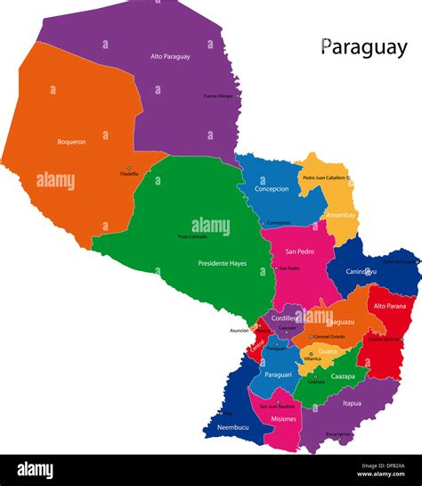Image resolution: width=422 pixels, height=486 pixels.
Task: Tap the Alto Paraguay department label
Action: (170, 56)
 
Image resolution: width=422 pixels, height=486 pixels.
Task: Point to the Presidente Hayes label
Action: (223, 263)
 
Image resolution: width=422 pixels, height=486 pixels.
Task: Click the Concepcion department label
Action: (271, 189)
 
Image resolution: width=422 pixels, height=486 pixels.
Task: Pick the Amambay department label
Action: (341, 215)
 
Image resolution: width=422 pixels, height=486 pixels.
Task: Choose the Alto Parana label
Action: (390, 306)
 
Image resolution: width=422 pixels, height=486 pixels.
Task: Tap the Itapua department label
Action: (352, 403)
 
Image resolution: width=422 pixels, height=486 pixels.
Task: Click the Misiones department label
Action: (283, 418)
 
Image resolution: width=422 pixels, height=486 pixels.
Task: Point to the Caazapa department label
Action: (343, 376)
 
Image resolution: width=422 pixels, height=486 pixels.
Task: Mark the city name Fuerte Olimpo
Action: (219, 95)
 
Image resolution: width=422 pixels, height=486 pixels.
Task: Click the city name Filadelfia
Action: (129, 174)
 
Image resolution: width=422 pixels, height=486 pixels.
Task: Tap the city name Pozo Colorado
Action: (191, 237)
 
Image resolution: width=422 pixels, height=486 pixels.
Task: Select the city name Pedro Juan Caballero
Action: (325, 177)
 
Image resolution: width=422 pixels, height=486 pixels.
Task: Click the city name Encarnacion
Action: (338, 434)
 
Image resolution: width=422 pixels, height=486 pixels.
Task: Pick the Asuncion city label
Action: (239, 330)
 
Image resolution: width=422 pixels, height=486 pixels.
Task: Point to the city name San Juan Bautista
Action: (276, 407)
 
